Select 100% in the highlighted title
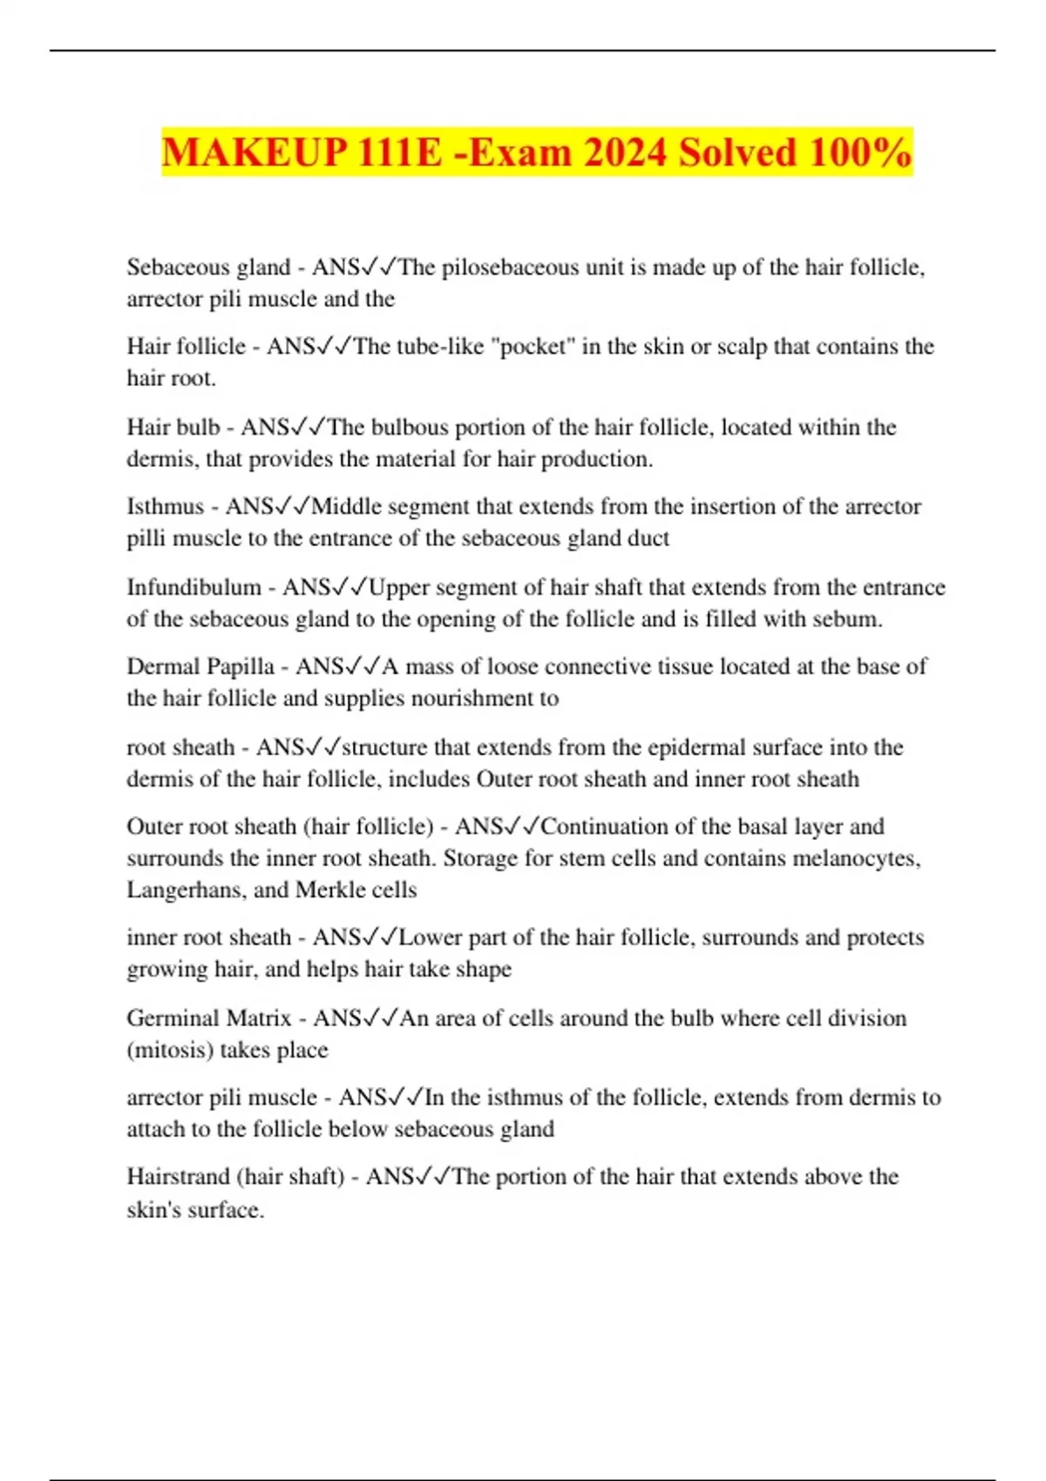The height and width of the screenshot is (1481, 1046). pos(859,152)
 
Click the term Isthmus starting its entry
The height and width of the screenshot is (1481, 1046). pos(165,506)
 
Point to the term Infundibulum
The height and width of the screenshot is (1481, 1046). pos(194,587)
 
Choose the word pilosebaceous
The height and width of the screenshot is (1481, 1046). pos(510,267)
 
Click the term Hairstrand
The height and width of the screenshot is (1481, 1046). pos(178,1177)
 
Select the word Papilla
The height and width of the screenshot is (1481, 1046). pos(237,666)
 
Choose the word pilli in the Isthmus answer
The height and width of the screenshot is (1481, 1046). pos(146,538)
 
